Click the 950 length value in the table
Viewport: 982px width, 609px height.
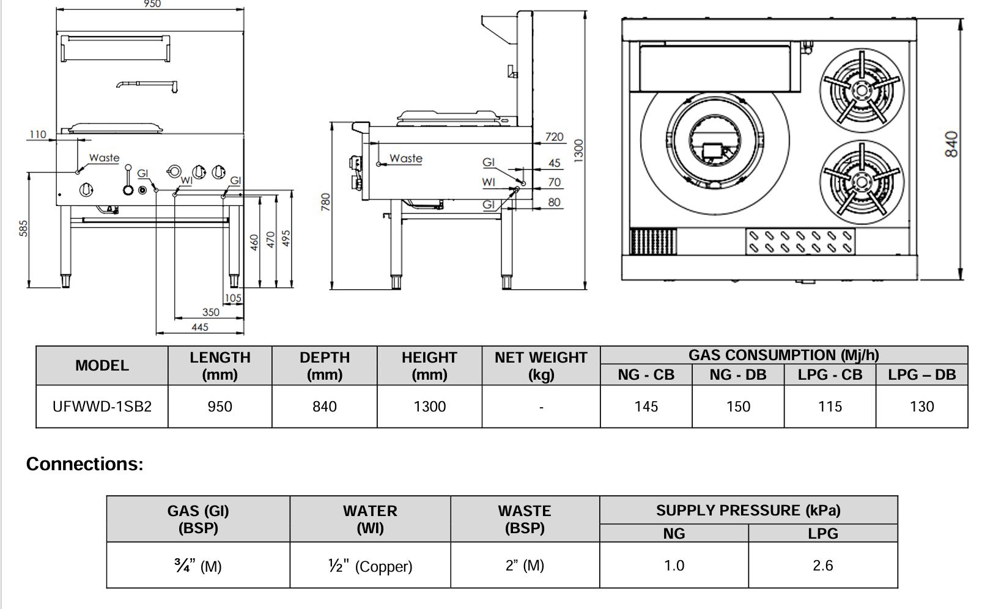[220, 407]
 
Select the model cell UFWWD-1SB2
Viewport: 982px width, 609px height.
[102, 407]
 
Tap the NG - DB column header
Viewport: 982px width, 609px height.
[737, 375]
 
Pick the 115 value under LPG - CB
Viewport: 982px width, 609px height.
[830, 407]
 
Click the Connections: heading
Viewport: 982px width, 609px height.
[84, 464]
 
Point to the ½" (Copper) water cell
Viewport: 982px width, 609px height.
[370, 566]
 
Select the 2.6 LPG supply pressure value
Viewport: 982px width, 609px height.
[822, 566]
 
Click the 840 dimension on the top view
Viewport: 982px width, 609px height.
[951, 144]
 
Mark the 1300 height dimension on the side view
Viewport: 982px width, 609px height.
[578, 150]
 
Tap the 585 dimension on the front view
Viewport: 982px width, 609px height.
[23, 228]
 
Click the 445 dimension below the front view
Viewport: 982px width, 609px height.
[200, 327]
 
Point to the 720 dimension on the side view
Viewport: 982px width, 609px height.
[554, 137]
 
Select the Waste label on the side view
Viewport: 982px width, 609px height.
[406, 158]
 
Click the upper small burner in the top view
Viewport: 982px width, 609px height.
[861, 90]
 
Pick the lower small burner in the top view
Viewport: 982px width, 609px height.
[861, 182]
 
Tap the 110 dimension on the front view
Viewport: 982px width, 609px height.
[37, 135]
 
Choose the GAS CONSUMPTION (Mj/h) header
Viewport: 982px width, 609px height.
[783, 355]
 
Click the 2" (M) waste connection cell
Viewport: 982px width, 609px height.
[525, 566]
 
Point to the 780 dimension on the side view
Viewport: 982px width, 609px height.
[325, 202]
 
